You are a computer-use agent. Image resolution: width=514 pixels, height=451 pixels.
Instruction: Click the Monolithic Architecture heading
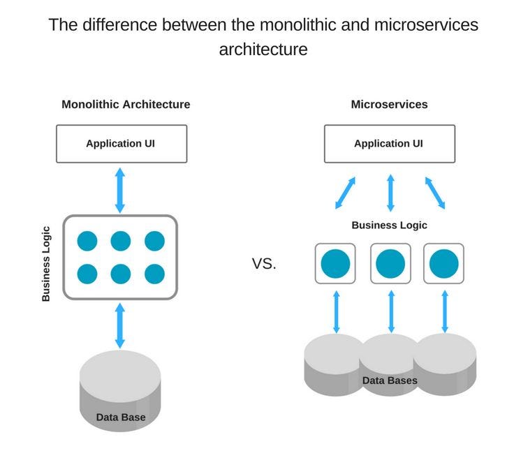126,105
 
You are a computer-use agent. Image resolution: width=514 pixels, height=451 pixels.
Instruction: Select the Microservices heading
389,105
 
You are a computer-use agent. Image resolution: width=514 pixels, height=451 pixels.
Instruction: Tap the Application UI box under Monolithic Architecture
120,144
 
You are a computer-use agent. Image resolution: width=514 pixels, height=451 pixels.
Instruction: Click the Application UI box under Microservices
389,144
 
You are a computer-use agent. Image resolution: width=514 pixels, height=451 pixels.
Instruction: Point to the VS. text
264,264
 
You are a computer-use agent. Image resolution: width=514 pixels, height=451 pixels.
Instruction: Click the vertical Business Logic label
46,263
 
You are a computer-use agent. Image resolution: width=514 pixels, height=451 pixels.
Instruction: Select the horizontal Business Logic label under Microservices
389,225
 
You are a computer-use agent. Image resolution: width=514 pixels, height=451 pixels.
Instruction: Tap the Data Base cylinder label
121,417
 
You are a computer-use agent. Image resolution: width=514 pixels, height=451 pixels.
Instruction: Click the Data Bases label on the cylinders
390,380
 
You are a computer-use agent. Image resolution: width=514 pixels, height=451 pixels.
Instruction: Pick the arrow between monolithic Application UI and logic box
120,189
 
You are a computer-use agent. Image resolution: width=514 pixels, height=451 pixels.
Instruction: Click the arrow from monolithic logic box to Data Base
120,325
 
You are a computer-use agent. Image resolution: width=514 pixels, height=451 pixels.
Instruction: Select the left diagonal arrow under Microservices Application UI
345,193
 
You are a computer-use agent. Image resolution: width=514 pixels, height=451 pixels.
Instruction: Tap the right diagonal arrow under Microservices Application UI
434,193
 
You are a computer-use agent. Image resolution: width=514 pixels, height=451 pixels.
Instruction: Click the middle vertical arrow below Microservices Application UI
390,193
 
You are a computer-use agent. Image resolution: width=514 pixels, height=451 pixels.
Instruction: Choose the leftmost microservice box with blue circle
335,263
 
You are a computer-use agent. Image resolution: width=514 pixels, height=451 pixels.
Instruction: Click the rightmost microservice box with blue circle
444,263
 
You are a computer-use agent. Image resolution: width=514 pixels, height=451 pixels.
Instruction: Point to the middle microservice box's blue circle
390,263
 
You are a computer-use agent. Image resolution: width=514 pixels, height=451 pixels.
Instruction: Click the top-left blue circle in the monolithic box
87,242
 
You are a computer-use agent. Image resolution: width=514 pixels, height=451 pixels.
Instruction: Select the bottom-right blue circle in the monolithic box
154,274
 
